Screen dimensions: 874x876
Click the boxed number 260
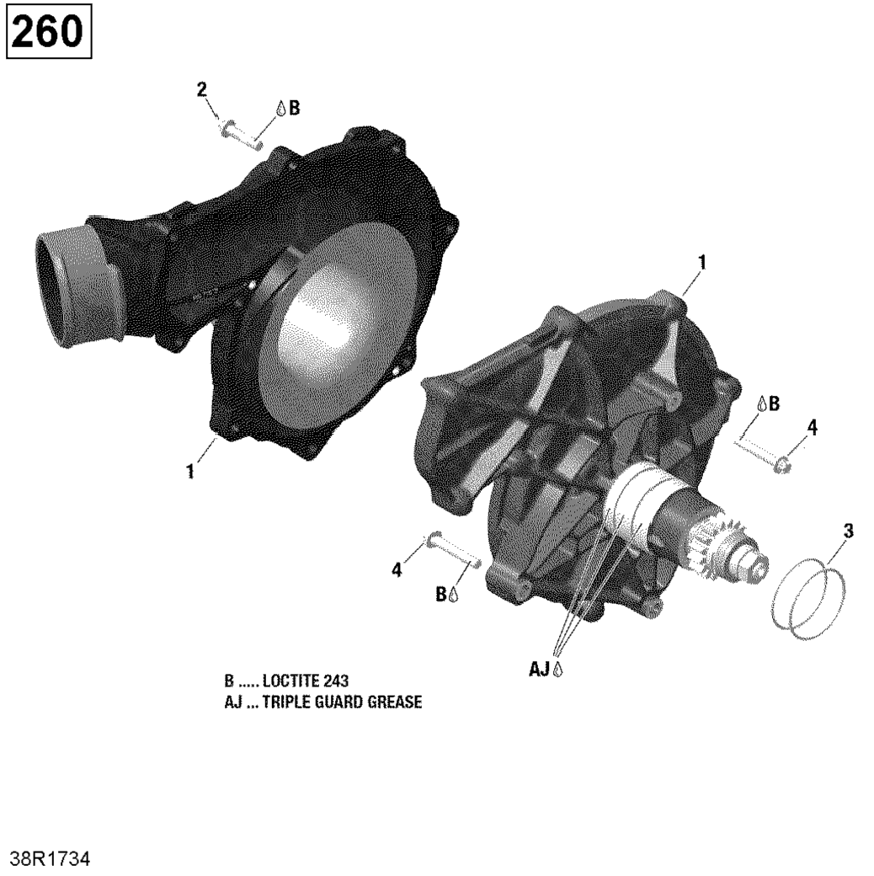pos(47,32)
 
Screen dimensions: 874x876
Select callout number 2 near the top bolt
pos(201,89)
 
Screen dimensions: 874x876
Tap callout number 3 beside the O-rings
pos(848,531)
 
